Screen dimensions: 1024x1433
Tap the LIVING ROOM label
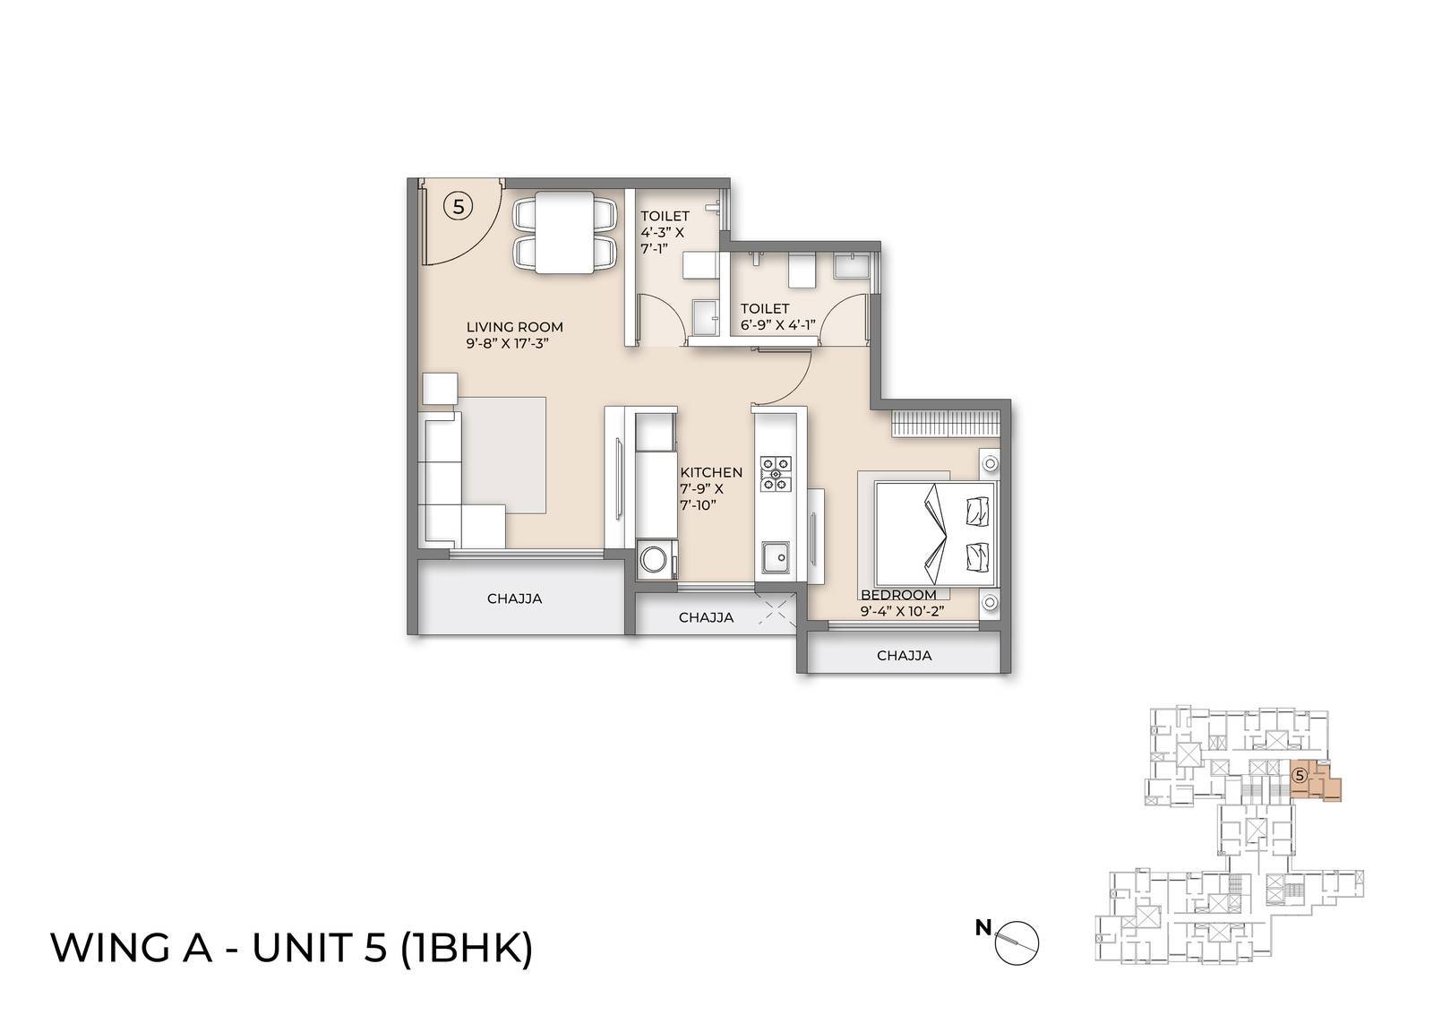pyautogui.click(x=514, y=327)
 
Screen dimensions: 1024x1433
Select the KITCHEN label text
pyautogui.click(x=711, y=472)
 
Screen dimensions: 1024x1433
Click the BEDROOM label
pyautogui.click(x=898, y=595)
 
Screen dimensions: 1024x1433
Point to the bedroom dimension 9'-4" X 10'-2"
pyautogui.click(x=904, y=612)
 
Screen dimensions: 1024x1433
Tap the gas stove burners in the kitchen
pyautogui.click(x=776, y=474)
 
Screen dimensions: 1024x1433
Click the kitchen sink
pyautogui.click(x=776, y=559)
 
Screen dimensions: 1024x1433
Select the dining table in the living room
pyautogui.click(x=564, y=231)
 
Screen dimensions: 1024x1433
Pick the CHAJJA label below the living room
pyautogui.click(x=514, y=598)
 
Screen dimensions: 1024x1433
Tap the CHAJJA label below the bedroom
pyautogui.click(x=904, y=656)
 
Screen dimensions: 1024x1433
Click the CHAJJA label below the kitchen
pyautogui.click(x=706, y=617)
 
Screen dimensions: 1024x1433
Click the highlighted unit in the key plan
pyautogui.click(x=1317, y=782)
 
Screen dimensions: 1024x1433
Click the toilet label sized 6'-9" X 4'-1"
pyautogui.click(x=777, y=317)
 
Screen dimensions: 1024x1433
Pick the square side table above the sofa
pyautogui.click(x=440, y=388)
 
